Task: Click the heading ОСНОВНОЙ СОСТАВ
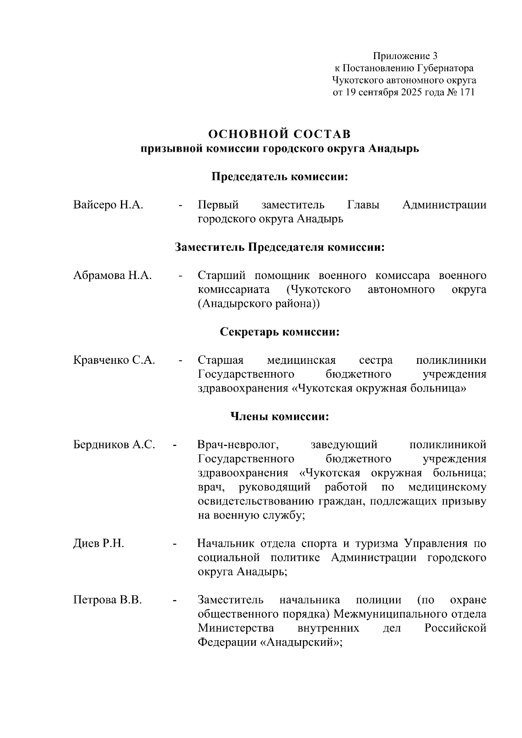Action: tap(280, 133)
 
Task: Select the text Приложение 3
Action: tap(405, 56)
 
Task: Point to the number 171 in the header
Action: tap(466, 93)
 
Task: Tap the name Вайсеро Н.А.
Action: tap(108, 205)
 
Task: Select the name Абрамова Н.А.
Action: tap(112, 276)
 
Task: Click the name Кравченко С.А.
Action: tap(114, 360)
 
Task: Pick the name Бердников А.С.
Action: tap(114, 445)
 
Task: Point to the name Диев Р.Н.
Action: tap(98, 544)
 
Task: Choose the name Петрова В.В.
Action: tap(107, 600)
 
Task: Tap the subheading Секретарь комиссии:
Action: tap(280, 332)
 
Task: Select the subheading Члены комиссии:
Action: tap(280, 417)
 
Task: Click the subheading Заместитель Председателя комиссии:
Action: tap(280, 247)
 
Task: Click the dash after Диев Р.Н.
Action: tap(175, 544)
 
